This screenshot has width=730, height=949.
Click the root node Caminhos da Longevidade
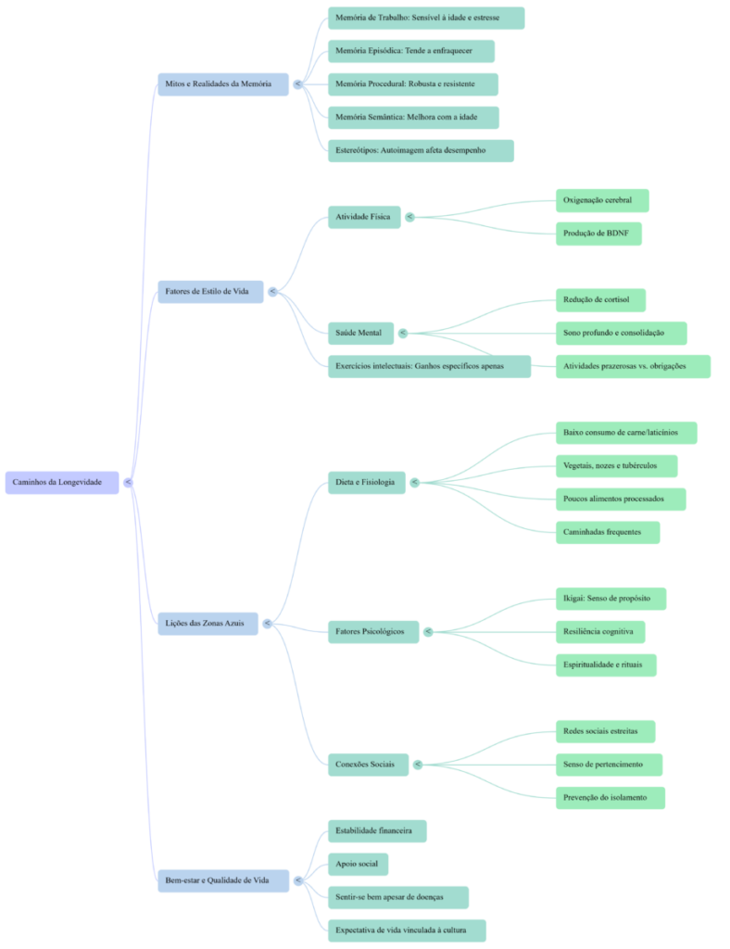[x=62, y=483]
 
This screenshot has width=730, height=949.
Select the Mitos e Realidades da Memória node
[x=219, y=84]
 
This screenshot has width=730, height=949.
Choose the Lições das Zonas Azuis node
[x=205, y=624]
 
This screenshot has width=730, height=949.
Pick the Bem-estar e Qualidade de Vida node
[x=216, y=880]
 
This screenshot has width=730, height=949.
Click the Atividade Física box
[x=363, y=218]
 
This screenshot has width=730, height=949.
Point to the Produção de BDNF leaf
[x=598, y=234]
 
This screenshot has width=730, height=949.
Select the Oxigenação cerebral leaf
[x=601, y=200]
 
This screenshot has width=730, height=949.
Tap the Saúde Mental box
[x=360, y=333]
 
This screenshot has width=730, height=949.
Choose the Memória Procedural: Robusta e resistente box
[x=412, y=84]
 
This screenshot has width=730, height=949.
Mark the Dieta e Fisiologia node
[x=365, y=482]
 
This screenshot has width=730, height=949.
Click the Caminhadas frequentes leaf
[x=607, y=532]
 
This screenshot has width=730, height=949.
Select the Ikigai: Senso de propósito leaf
[x=610, y=599]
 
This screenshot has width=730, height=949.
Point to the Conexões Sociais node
[x=368, y=765]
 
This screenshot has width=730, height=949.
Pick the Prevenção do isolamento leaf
[x=610, y=797]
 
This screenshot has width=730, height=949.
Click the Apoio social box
[x=358, y=864]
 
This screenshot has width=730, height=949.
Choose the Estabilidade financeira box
[x=377, y=830]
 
